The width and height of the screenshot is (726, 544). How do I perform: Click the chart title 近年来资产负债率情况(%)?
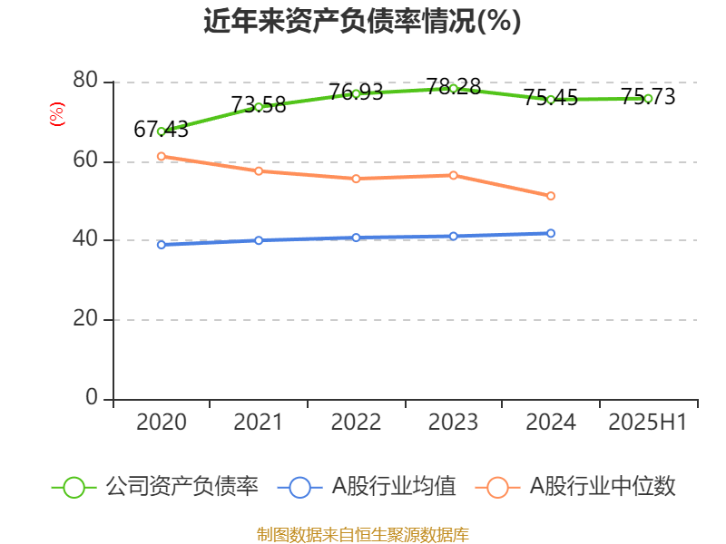(362, 22)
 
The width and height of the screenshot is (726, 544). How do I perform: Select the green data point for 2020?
(162, 131)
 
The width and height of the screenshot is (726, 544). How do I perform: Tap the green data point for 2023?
(454, 88)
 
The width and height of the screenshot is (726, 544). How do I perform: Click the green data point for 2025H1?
(648, 98)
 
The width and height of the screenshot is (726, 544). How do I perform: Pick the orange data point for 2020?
(162, 156)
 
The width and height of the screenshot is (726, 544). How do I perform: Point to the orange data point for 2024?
(551, 196)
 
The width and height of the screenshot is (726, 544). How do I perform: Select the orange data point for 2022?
(356, 179)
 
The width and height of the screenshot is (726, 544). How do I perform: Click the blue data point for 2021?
(259, 240)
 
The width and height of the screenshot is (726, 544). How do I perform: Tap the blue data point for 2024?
(551, 233)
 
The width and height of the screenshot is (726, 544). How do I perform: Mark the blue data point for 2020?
(162, 245)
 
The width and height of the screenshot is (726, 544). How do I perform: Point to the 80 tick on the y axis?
(85, 82)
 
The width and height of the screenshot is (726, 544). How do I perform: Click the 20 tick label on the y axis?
(85, 319)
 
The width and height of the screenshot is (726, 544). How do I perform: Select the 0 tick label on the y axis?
(92, 398)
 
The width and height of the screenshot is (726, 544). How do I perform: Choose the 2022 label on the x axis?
(356, 423)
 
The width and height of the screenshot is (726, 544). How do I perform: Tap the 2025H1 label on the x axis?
(647, 423)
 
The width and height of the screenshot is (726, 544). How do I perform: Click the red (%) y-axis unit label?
(57, 115)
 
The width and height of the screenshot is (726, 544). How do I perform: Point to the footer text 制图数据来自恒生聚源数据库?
(362, 534)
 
